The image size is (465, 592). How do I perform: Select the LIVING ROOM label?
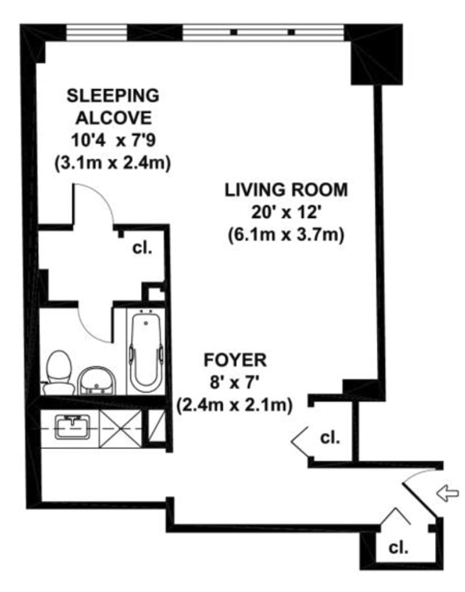pos(287,189)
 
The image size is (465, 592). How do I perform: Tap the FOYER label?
pos(235,360)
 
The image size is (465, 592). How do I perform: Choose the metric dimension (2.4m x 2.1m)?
pos(235,404)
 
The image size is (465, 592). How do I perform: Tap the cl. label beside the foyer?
pos(330,437)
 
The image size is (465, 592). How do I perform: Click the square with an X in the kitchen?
pos(120,428)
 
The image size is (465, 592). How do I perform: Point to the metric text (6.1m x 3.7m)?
pos(287,235)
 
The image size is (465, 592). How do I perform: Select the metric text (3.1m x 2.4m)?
pos(112,163)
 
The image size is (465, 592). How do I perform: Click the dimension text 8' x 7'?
pos(235,382)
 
